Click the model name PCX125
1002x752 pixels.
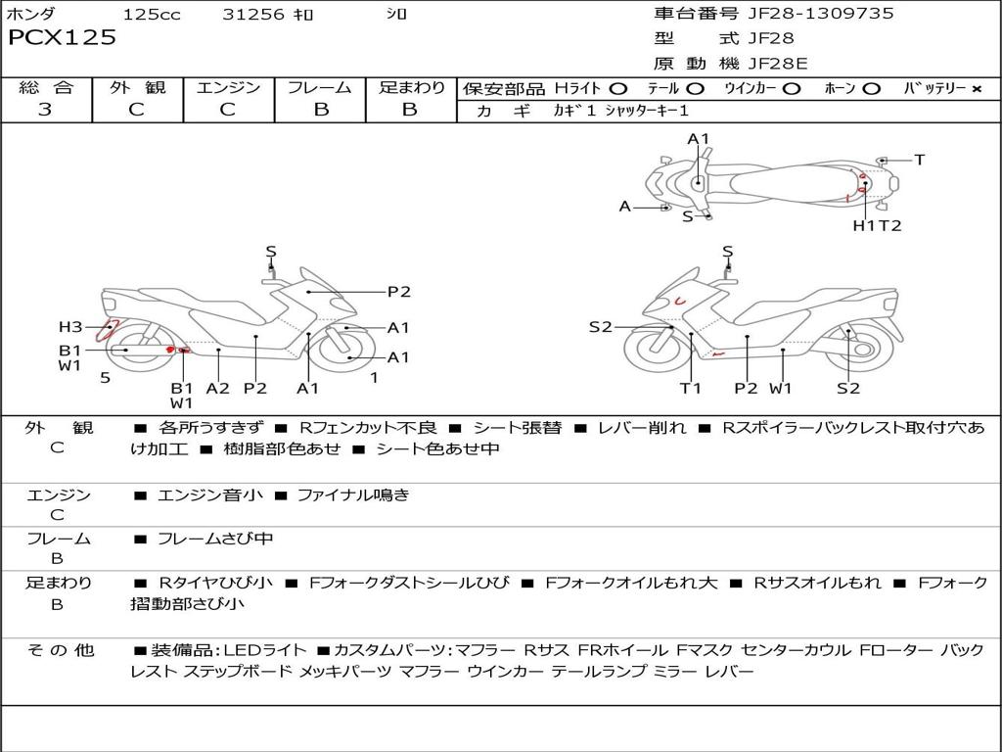62,38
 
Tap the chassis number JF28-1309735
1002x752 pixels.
821,14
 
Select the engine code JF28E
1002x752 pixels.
778,64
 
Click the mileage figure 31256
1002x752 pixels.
253,14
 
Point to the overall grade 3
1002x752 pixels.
45,110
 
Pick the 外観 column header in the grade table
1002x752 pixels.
137,87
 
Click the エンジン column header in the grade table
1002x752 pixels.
228,87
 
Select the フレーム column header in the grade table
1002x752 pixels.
320,87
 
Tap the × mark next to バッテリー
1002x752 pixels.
977,89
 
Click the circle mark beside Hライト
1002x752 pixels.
618,89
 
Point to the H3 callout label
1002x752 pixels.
70,327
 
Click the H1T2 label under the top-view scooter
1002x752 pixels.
877,225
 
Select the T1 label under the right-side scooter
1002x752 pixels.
690,388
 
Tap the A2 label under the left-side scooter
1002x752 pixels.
217,388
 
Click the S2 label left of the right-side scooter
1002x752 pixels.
600,327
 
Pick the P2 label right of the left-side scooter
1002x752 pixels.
399,292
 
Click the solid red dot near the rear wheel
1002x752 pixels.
170,350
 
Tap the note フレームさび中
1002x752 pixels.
215,540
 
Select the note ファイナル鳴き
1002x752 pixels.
353,494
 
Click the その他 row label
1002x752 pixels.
60,650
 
